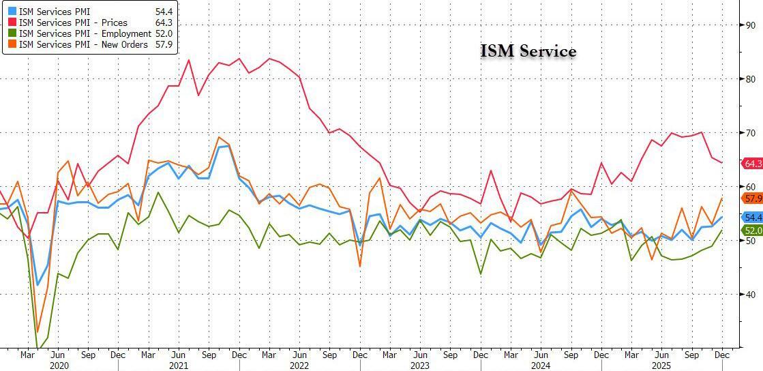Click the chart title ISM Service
(x=528, y=51)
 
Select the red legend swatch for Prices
(x=12, y=23)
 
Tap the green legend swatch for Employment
(x=12, y=33)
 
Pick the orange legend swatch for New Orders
(x=12, y=44)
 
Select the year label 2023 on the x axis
(x=419, y=366)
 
